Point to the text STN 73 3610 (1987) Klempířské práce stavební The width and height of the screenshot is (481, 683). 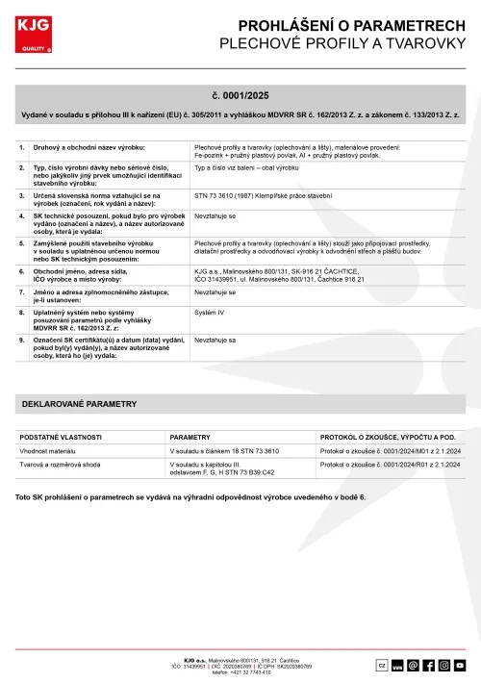[264, 194]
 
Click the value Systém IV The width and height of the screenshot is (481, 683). [211, 314]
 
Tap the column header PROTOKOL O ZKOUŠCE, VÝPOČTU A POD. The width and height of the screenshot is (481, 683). [393, 437]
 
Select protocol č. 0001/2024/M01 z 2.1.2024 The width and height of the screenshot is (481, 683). [390, 450]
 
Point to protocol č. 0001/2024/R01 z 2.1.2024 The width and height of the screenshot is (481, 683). [390, 465]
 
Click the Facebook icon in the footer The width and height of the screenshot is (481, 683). [429, 665]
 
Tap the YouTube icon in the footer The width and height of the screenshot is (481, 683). [460, 665]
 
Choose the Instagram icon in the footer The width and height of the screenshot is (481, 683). [444, 665]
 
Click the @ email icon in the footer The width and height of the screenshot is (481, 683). [414, 665]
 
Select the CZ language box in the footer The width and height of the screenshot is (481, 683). [381, 665]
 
